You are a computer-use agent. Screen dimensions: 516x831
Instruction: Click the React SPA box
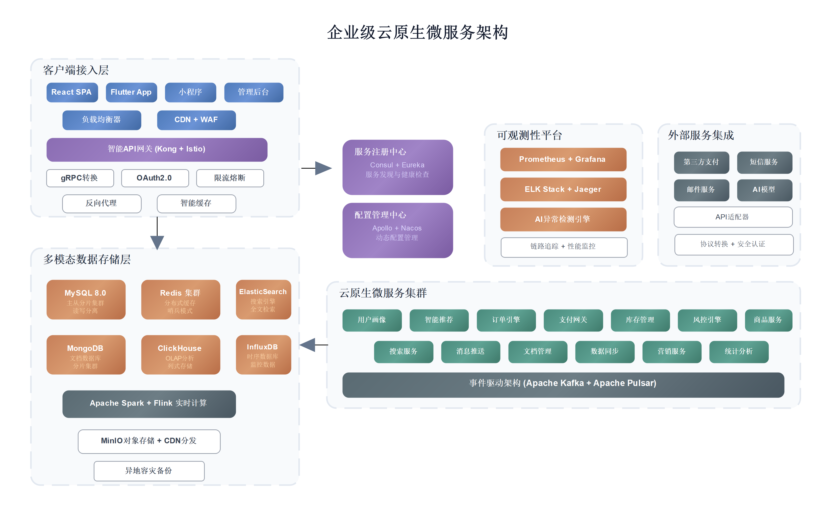coord(72,92)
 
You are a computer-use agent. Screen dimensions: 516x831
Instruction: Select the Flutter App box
coord(131,92)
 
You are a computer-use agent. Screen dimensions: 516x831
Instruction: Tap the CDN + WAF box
coord(196,120)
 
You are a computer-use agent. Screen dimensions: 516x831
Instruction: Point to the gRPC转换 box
coord(80,178)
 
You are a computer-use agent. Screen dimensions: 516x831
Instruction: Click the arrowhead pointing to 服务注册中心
coord(322,168)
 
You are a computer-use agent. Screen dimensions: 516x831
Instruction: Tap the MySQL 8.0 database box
coord(86,300)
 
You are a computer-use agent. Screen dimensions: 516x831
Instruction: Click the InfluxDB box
coord(263,355)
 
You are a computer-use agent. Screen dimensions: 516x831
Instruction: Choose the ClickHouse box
coord(180,355)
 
